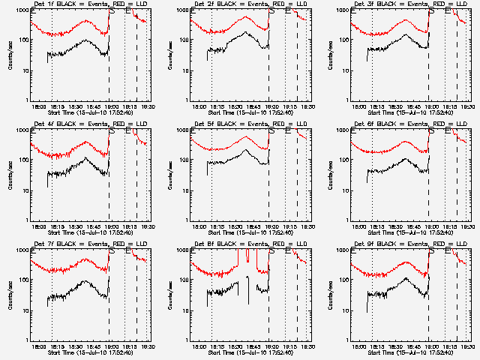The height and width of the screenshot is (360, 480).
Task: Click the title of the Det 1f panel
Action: [x=90, y=5]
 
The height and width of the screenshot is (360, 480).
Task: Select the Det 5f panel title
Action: [x=250, y=125]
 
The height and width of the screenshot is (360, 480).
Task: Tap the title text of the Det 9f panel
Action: [x=409, y=245]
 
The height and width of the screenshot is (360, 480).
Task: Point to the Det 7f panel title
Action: [x=90, y=245]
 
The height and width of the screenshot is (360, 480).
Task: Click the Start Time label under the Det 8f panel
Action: [x=250, y=352]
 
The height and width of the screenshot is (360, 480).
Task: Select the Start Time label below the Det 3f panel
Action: [x=409, y=112]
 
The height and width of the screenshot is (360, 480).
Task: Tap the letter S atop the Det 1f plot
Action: [x=112, y=12]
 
